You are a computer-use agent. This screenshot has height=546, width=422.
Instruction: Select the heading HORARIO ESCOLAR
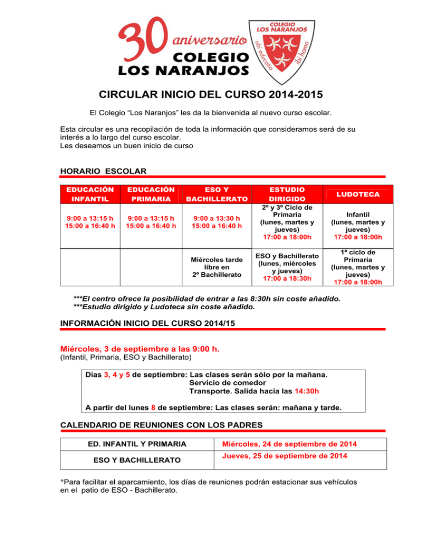coord(102,171)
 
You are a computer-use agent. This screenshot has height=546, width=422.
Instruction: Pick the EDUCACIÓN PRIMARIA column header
coord(151,194)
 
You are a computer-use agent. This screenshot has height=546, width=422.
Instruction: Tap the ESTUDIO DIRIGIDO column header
coord(288,194)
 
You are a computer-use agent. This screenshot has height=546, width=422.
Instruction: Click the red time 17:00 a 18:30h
coord(288,278)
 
